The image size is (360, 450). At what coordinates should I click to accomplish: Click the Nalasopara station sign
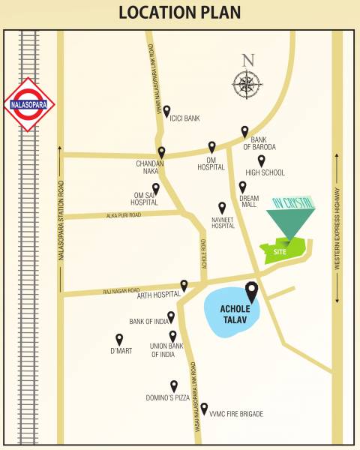pos(30,104)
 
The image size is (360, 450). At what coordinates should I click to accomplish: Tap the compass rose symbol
pos(247,83)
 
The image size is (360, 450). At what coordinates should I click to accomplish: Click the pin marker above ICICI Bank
pos(166,110)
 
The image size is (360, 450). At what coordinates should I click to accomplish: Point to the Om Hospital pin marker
pos(212,147)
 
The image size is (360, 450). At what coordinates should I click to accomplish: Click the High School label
pos(270,172)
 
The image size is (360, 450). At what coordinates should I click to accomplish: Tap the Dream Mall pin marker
pos(242,187)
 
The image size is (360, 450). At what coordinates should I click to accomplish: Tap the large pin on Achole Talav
pos(251,291)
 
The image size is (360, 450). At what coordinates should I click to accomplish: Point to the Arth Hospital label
pos(160,295)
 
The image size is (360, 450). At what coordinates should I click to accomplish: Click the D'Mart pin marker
pos(118,339)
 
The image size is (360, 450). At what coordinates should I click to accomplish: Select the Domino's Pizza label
pos(168,397)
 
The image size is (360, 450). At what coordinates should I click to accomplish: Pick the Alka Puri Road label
pos(124,214)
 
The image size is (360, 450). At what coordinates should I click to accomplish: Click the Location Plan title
pos(179,13)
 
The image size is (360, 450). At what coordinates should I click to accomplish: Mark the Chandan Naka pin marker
pos(161,151)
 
